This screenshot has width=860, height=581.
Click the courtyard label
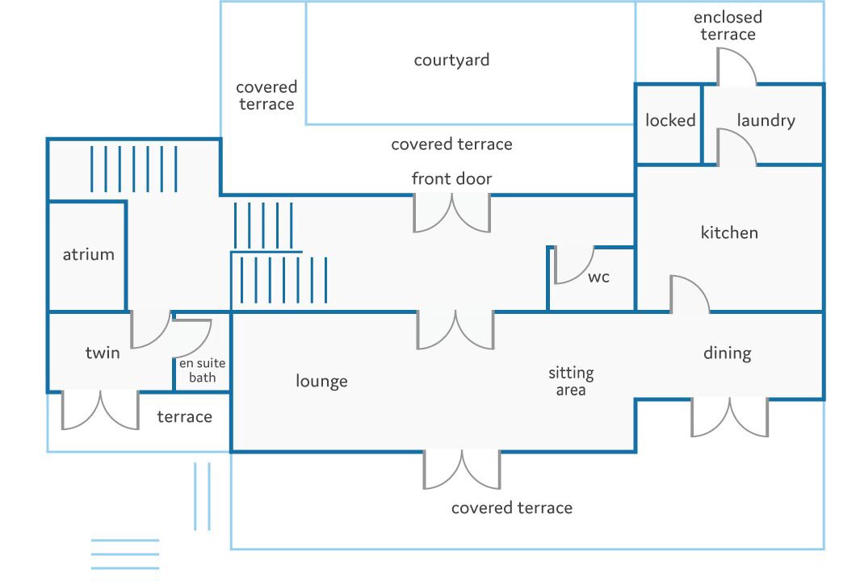(x=451, y=61)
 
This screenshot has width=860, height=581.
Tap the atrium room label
(x=89, y=255)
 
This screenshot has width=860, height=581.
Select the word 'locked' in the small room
(x=670, y=120)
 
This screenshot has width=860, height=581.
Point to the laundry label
(x=766, y=120)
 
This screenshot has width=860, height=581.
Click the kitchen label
(x=729, y=233)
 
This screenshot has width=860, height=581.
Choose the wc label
(x=598, y=278)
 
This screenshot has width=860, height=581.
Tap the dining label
(x=727, y=353)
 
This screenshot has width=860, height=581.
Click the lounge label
(x=321, y=381)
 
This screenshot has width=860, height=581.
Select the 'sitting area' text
(x=571, y=382)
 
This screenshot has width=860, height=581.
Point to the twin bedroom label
(x=103, y=353)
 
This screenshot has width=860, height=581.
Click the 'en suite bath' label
(x=202, y=370)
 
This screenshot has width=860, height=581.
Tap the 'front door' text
(x=451, y=178)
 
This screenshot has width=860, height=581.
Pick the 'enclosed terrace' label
(x=728, y=26)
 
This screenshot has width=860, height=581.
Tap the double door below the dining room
(x=729, y=417)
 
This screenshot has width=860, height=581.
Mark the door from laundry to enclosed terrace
(x=736, y=68)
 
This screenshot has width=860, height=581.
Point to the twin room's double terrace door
(x=101, y=409)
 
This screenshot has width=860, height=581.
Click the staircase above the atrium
(x=133, y=169)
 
